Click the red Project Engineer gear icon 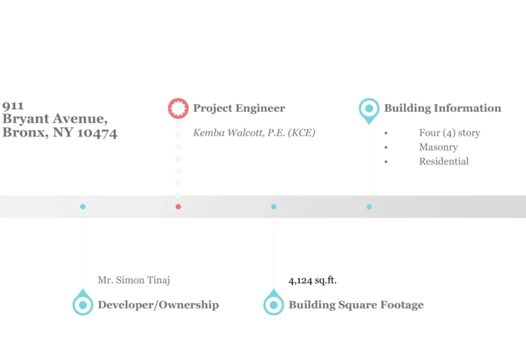point(179,108)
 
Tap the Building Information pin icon point(368,109)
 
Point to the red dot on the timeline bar point(179,207)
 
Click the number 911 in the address point(13,106)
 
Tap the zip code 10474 point(97,133)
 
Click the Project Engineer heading point(239,108)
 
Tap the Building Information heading point(442,108)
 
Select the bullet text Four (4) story point(449,133)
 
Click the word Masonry point(438,147)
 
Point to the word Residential point(444,162)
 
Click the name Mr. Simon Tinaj point(134,280)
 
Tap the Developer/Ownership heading point(158,305)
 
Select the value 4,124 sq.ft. point(313,280)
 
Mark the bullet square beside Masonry point(386,148)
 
